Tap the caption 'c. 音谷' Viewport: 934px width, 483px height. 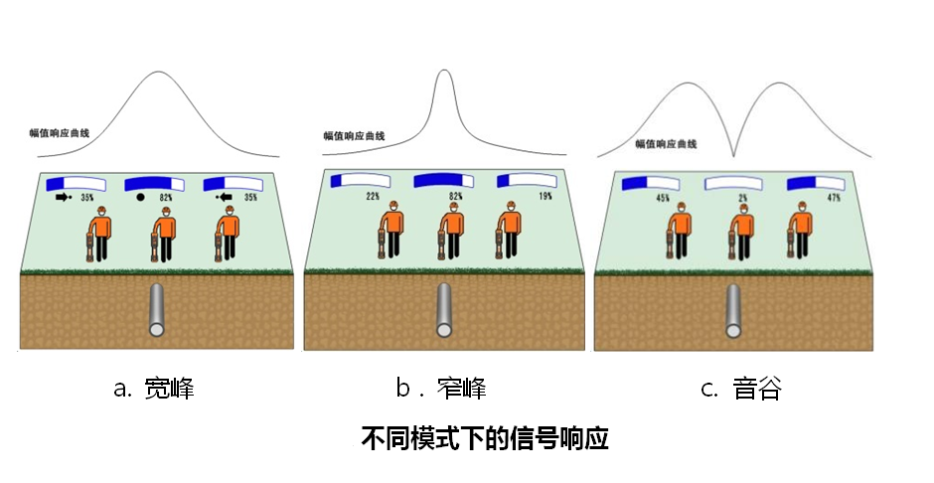pyautogui.click(x=741, y=389)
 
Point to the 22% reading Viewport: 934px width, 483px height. pyautogui.click(x=373, y=196)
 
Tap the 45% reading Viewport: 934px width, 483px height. pyautogui.click(x=662, y=198)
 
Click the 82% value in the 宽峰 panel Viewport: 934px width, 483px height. pyautogui.click(x=166, y=198)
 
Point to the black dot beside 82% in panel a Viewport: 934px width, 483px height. pyautogui.click(x=140, y=198)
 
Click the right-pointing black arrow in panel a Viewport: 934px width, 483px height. pyautogui.click(x=66, y=198)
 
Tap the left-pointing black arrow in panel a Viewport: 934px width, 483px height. pyautogui.click(x=224, y=198)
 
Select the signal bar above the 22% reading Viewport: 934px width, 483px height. pyautogui.click(x=359, y=181)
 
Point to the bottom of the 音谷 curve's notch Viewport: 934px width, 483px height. pyautogui.click(x=733, y=155)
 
